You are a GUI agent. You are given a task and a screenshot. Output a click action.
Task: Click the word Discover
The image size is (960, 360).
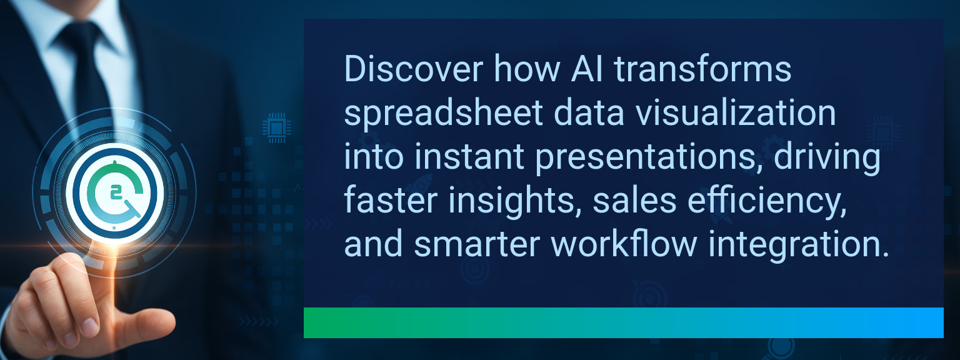tap(414, 69)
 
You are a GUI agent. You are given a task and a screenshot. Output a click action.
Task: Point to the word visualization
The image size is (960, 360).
tap(736, 112)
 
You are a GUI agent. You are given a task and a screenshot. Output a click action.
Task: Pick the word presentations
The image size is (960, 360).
tap(649, 158)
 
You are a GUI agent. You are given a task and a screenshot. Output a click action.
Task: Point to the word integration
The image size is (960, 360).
tap(798, 246)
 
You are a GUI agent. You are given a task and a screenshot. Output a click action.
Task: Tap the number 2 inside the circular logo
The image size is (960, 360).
tap(115, 193)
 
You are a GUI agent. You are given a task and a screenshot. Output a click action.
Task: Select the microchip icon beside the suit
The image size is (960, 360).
tap(276, 127)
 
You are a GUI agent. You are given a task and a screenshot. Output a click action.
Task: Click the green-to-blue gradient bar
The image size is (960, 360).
tap(624, 322)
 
